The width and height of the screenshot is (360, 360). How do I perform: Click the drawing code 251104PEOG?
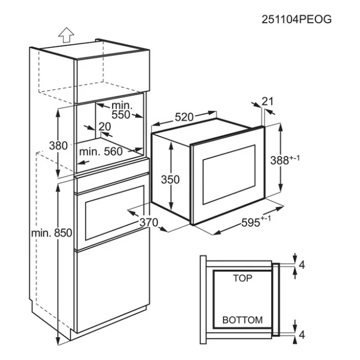pos(297,19)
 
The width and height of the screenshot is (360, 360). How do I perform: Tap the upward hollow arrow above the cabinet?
pos(66,35)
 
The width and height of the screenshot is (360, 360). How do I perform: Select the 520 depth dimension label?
pos(184,117)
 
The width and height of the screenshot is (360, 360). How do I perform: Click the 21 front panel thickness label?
pos(267,101)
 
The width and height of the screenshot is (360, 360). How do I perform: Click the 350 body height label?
pos(170,180)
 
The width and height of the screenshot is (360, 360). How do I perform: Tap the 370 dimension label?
pos(149,222)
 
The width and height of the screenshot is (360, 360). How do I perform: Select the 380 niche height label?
pos(58,146)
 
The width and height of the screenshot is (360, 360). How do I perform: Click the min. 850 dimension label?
pos(52,233)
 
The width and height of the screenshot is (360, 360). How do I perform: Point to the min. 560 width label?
pos(101,152)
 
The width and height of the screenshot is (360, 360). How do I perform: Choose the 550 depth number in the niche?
pos(121,115)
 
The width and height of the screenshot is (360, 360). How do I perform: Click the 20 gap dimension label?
pos(105,126)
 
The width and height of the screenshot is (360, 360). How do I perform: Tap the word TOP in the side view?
pos(243,278)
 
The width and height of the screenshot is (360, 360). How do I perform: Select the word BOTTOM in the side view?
pos(243,320)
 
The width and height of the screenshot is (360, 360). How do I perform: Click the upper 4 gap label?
pos(302,265)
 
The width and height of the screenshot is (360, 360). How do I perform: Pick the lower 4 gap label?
pos(302,335)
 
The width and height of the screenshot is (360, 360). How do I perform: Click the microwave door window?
pos(229,174)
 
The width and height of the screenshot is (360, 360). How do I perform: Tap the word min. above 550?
pos(122,105)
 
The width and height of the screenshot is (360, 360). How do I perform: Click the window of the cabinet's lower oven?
pos(114,213)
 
